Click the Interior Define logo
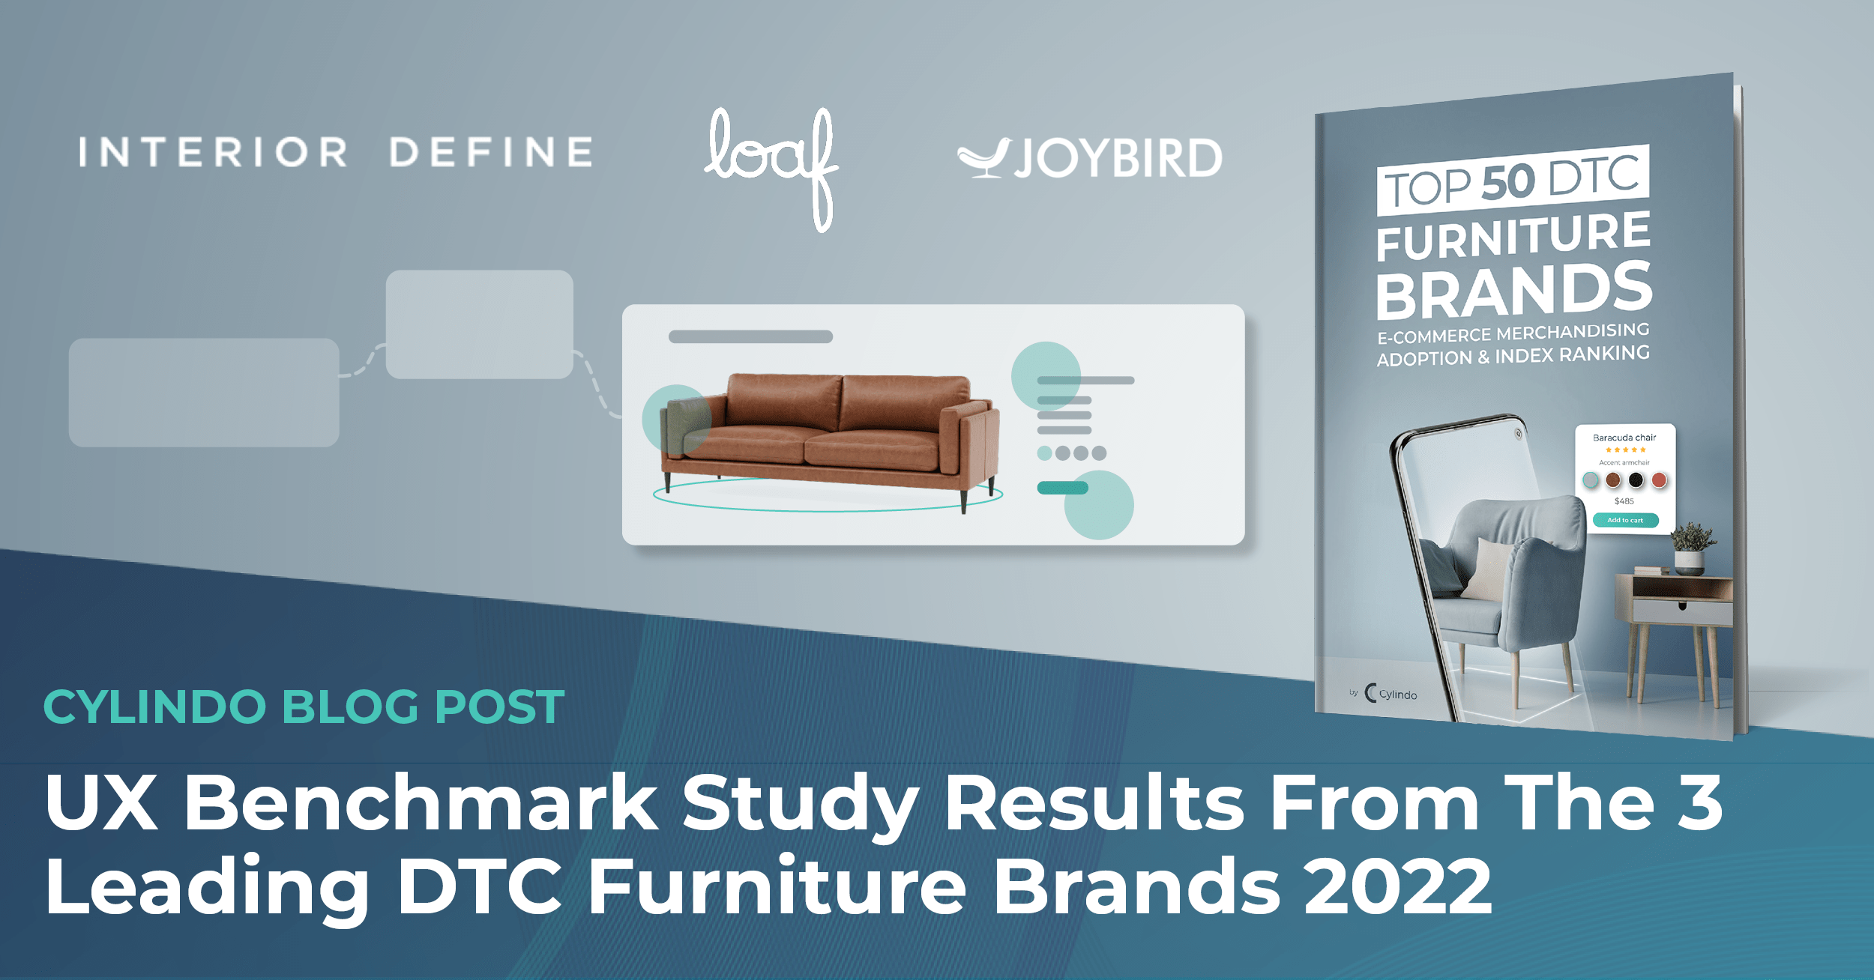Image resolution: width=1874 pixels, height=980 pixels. pos(336,152)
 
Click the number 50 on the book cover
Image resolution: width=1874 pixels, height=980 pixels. pos(1508,182)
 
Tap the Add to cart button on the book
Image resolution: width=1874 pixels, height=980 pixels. pos(1625,520)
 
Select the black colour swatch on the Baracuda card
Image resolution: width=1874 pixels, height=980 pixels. pos(1636,480)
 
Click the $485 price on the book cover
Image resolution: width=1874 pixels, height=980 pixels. pos(1624,501)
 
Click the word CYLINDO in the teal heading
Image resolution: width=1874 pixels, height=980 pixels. pos(155,707)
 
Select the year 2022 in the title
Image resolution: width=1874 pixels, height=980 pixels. pos(1398,886)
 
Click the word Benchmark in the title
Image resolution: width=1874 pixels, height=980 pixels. pos(421,803)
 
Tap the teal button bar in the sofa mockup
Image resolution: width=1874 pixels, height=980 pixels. pos(1062,489)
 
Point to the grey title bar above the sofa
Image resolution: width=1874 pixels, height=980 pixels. pos(750,337)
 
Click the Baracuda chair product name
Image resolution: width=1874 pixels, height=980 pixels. pos(1624,438)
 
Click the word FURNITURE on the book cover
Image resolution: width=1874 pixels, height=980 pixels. pos(1514,236)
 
